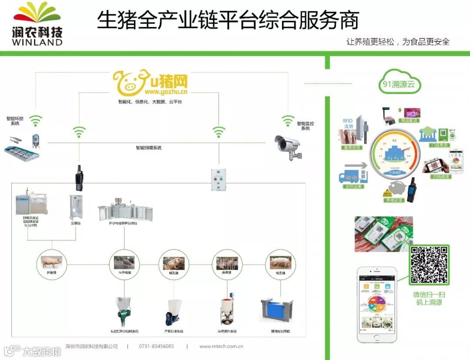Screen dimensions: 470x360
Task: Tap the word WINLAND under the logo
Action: [37, 42]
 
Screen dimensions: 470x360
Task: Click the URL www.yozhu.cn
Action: [166, 92]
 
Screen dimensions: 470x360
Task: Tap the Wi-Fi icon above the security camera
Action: [288, 120]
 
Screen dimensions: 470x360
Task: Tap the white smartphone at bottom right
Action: [377, 304]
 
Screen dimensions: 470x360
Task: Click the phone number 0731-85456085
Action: [156, 347]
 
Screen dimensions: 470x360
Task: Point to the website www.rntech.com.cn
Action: [221, 347]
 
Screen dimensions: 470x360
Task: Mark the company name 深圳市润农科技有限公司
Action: [91, 347]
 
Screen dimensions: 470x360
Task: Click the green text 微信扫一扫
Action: [429, 295]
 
